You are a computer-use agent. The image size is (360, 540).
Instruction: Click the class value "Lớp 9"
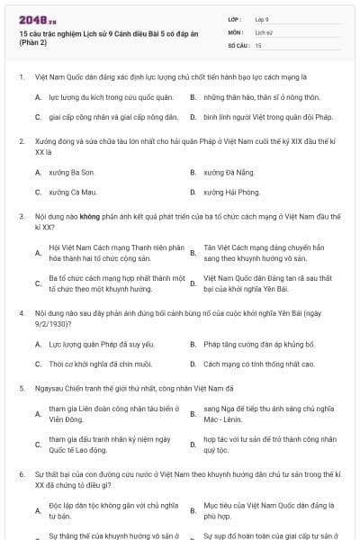coord(262,18)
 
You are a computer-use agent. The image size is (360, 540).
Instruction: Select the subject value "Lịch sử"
coord(263,31)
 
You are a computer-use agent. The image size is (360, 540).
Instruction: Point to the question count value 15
coord(258,44)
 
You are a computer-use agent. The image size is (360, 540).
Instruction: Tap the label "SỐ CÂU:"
coord(237,44)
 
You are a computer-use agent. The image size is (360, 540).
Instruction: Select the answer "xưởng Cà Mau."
coord(71,193)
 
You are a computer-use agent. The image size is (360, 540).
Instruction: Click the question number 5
coord(21,389)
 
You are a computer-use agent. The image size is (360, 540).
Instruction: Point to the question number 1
coord(21,77)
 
